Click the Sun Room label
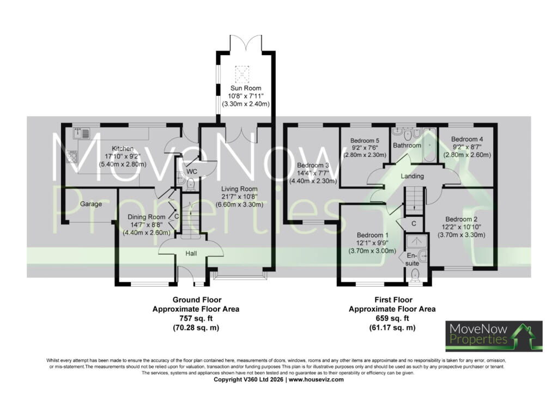tap(246, 88)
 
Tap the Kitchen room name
tap(123, 148)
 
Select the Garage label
tap(91, 204)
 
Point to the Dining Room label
tap(147, 217)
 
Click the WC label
tap(192, 172)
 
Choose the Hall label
tap(191, 253)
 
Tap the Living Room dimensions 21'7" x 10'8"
tap(239, 197)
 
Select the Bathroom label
tap(407, 146)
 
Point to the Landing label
tap(412, 176)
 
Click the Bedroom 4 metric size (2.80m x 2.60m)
tap(467, 155)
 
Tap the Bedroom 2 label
tap(461, 219)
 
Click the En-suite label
tap(412, 259)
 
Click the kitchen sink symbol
tap(82, 134)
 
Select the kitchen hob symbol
tap(72, 156)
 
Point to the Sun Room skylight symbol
tap(242, 74)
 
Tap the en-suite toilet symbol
tap(415, 275)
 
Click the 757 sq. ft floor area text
tap(196, 318)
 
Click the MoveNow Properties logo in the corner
tap(494, 336)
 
